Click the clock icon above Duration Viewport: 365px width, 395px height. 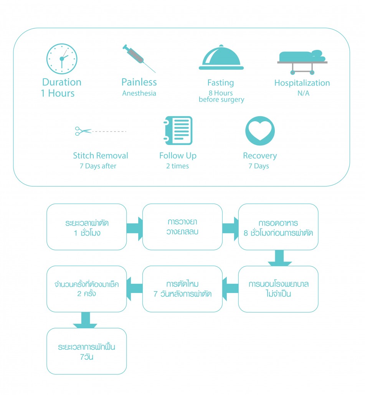coord(62,59)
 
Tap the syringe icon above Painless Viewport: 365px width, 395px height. coord(138,58)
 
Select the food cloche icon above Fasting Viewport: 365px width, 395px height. coord(221,58)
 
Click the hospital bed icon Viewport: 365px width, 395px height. coord(302,61)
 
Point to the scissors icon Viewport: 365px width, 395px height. coord(83,131)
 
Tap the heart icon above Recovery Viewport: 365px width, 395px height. coord(260,131)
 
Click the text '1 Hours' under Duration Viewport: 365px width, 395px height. coord(58,93)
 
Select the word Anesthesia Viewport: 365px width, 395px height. coord(139,93)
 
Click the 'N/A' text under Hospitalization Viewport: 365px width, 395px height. coord(302,93)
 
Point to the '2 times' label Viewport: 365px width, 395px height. coord(177,166)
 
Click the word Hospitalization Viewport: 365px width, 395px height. coord(302,83)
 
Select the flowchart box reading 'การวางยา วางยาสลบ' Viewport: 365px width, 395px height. coord(182,227)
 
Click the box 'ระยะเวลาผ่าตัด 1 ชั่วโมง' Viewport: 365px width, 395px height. coord(87,227)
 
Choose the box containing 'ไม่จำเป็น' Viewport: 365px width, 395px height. coord(278,289)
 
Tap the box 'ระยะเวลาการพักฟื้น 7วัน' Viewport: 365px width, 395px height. coord(87,351)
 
